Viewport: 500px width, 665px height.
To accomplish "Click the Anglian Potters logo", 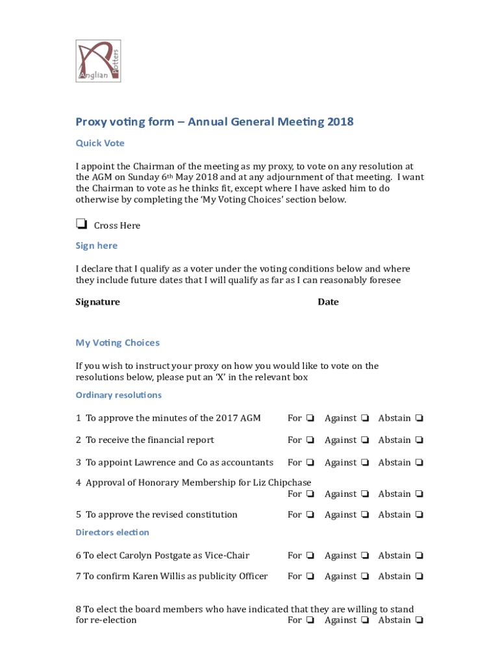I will pyautogui.click(x=98, y=61).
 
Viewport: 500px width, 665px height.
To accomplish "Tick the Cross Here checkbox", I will pyautogui.click(x=81, y=224).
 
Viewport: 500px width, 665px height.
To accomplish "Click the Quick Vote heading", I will pyautogui.click(x=100, y=143).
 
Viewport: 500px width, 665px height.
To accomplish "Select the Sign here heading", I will pyautogui.click(x=97, y=245).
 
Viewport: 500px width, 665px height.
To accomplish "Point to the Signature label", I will pyautogui.click(x=97, y=302).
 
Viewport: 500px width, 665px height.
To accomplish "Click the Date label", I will pyautogui.click(x=328, y=302).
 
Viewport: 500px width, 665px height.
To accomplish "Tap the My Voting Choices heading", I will pyautogui.click(x=118, y=343).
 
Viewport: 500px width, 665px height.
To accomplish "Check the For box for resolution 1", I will pyautogui.click(x=310, y=418).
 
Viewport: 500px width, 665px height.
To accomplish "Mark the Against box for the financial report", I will pyautogui.click(x=366, y=440).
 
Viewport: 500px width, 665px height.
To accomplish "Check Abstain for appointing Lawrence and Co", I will pyautogui.click(x=419, y=462).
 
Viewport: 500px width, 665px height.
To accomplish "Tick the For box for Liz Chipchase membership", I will pyautogui.click(x=310, y=494).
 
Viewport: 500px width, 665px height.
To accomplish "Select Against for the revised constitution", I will pyautogui.click(x=366, y=514).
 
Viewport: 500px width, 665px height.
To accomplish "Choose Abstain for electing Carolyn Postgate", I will pyautogui.click(x=419, y=555).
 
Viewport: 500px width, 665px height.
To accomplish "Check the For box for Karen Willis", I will pyautogui.click(x=310, y=576).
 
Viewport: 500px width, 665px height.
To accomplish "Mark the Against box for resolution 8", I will pyautogui.click(x=366, y=620).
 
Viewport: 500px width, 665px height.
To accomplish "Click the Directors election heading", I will pyautogui.click(x=112, y=533).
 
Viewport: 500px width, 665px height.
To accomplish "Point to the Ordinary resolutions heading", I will pyautogui.click(x=119, y=395).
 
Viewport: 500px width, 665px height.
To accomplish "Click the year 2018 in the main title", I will pyautogui.click(x=340, y=121).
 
